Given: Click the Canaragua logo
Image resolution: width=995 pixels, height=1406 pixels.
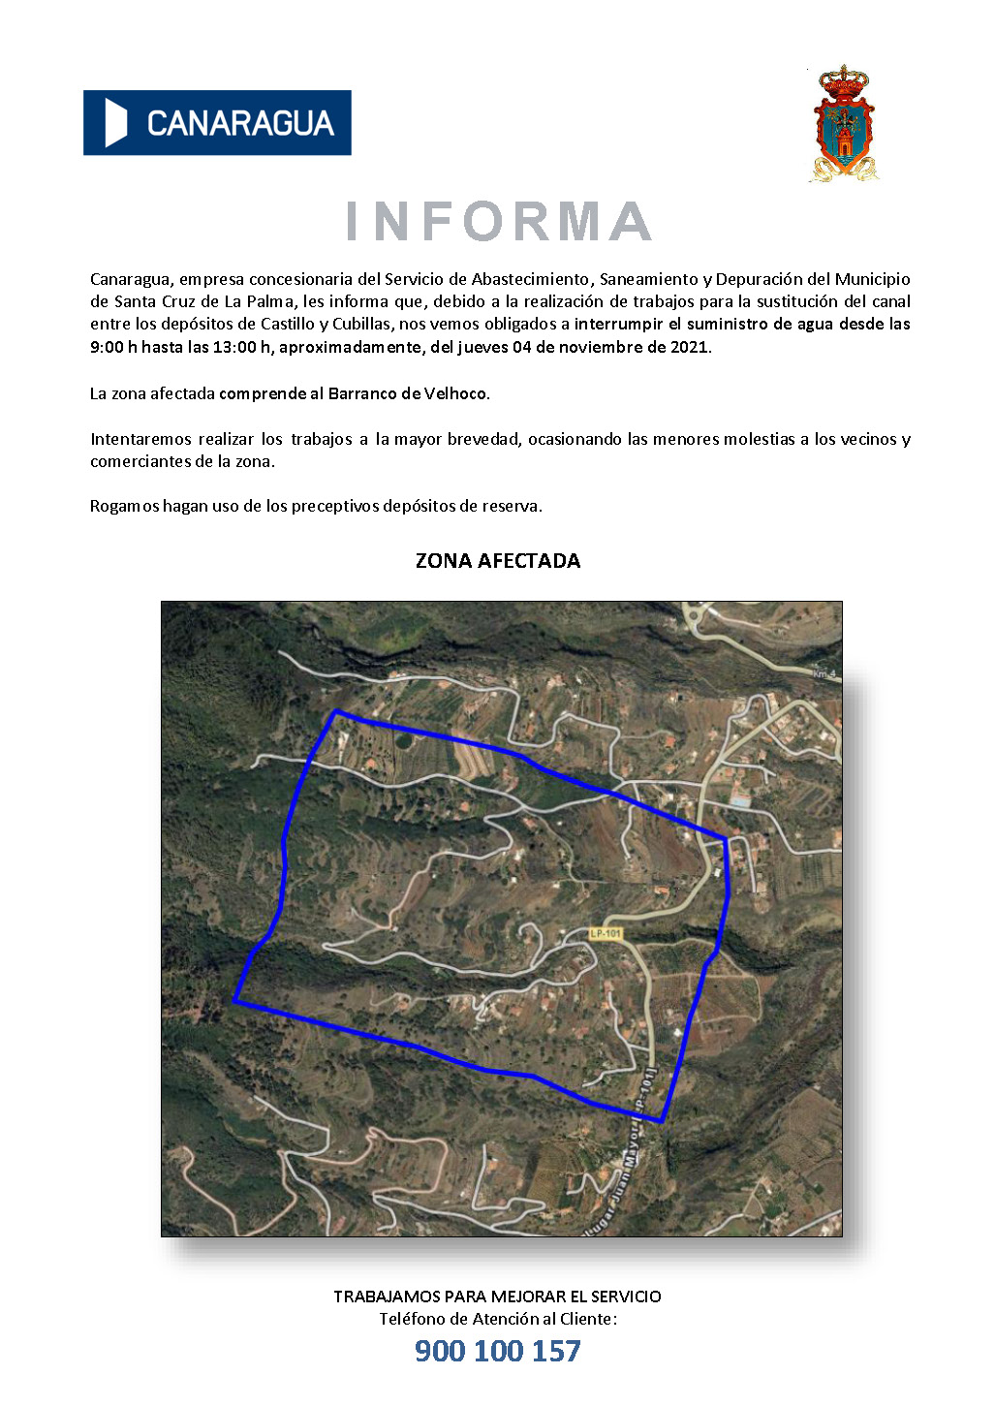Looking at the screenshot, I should [x=217, y=123].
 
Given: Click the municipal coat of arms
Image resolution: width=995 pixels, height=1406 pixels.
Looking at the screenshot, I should [x=844, y=124].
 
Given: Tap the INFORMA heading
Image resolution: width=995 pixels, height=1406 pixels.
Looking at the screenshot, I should [x=498, y=222].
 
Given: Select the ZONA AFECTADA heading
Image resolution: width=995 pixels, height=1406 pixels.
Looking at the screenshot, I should [x=498, y=561].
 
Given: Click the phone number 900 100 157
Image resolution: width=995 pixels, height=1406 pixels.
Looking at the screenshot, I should [x=498, y=1351].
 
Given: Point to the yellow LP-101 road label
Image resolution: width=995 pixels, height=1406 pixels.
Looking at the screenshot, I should [x=606, y=933].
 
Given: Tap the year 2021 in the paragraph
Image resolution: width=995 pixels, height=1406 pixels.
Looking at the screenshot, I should [x=690, y=347].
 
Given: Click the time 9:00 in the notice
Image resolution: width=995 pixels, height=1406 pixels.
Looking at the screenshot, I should [x=108, y=347].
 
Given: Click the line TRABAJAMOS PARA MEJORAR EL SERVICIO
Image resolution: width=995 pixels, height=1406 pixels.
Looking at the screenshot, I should [x=498, y=1297].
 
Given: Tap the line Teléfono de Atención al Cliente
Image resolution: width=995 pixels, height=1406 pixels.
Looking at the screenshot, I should [x=498, y=1319].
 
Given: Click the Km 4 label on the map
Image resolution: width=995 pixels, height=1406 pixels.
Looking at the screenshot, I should [x=824, y=673].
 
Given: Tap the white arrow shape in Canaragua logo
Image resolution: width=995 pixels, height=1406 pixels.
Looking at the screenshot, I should [x=116, y=123].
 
